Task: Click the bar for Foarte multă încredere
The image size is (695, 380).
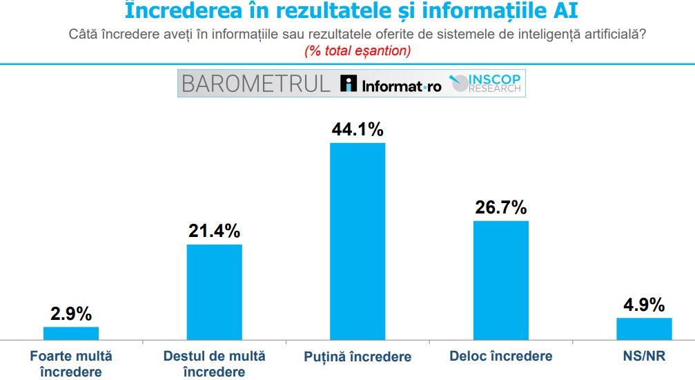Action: click(71, 333)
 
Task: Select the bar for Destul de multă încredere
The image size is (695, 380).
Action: click(215, 292)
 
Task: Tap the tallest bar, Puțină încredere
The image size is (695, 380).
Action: click(358, 241)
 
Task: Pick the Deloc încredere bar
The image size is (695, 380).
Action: click(501, 280)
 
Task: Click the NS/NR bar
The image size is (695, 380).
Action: click(644, 329)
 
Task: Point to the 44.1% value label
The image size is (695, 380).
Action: click(358, 129)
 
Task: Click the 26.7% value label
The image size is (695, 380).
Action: click(501, 207)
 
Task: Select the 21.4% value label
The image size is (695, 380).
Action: click(215, 231)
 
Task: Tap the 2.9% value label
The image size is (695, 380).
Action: click(71, 314)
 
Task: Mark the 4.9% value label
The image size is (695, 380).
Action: click(644, 305)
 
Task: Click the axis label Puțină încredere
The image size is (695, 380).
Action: click(358, 357)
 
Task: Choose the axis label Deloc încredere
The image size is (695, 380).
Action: click(501, 356)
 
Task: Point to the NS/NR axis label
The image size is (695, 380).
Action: click(644, 356)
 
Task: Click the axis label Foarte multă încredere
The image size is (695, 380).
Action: click(71, 364)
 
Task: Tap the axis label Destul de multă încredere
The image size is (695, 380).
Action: click(215, 364)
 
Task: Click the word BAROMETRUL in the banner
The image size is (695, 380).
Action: click(255, 84)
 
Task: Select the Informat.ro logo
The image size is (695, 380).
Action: click(391, 85)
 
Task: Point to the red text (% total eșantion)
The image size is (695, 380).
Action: click(358, 50)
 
